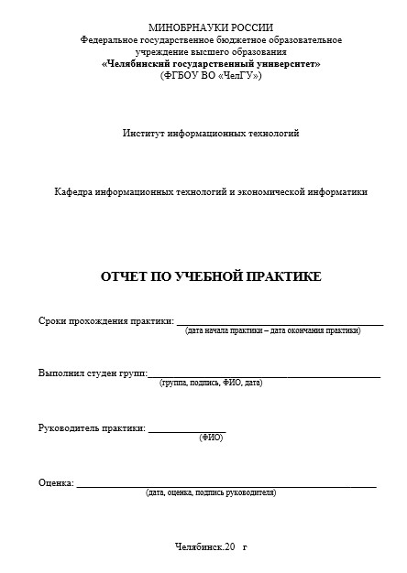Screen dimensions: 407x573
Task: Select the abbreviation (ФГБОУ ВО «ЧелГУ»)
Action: click(x=211, y=76)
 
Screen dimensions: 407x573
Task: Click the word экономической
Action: click(x=275, y=192)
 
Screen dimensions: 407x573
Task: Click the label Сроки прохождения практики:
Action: click(x=105, y=320)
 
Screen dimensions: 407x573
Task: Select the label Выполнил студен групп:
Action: click(x=91, y=373)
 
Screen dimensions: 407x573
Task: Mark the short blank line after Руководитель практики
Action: click(x=186, y=431)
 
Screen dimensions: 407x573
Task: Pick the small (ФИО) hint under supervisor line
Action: click(x=211, y=438)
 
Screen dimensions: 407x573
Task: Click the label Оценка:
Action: click(x=56, y=482)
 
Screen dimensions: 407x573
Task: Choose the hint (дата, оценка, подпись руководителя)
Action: click(x=210, y=492)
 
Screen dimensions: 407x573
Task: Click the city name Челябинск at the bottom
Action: click(x=196, y=547)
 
